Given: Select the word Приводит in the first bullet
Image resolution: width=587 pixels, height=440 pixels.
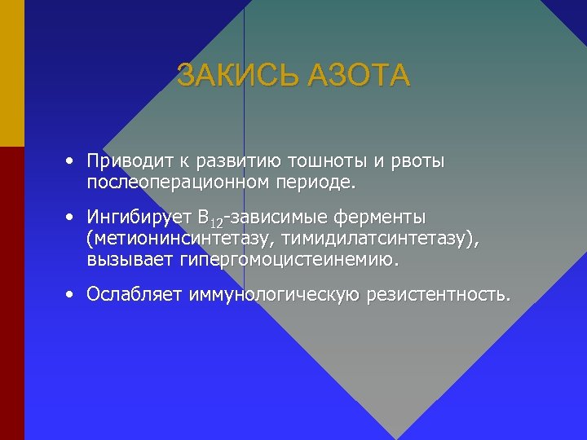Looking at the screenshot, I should pos(126,161).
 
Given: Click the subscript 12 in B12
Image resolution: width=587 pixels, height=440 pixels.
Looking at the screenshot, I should pos(215,223).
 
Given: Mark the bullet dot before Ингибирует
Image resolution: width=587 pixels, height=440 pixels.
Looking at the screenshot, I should pos(73,218).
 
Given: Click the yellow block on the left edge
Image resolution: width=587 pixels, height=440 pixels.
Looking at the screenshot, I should pos(11,73).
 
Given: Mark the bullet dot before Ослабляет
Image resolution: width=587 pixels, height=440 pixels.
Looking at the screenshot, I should pos(73,293).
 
